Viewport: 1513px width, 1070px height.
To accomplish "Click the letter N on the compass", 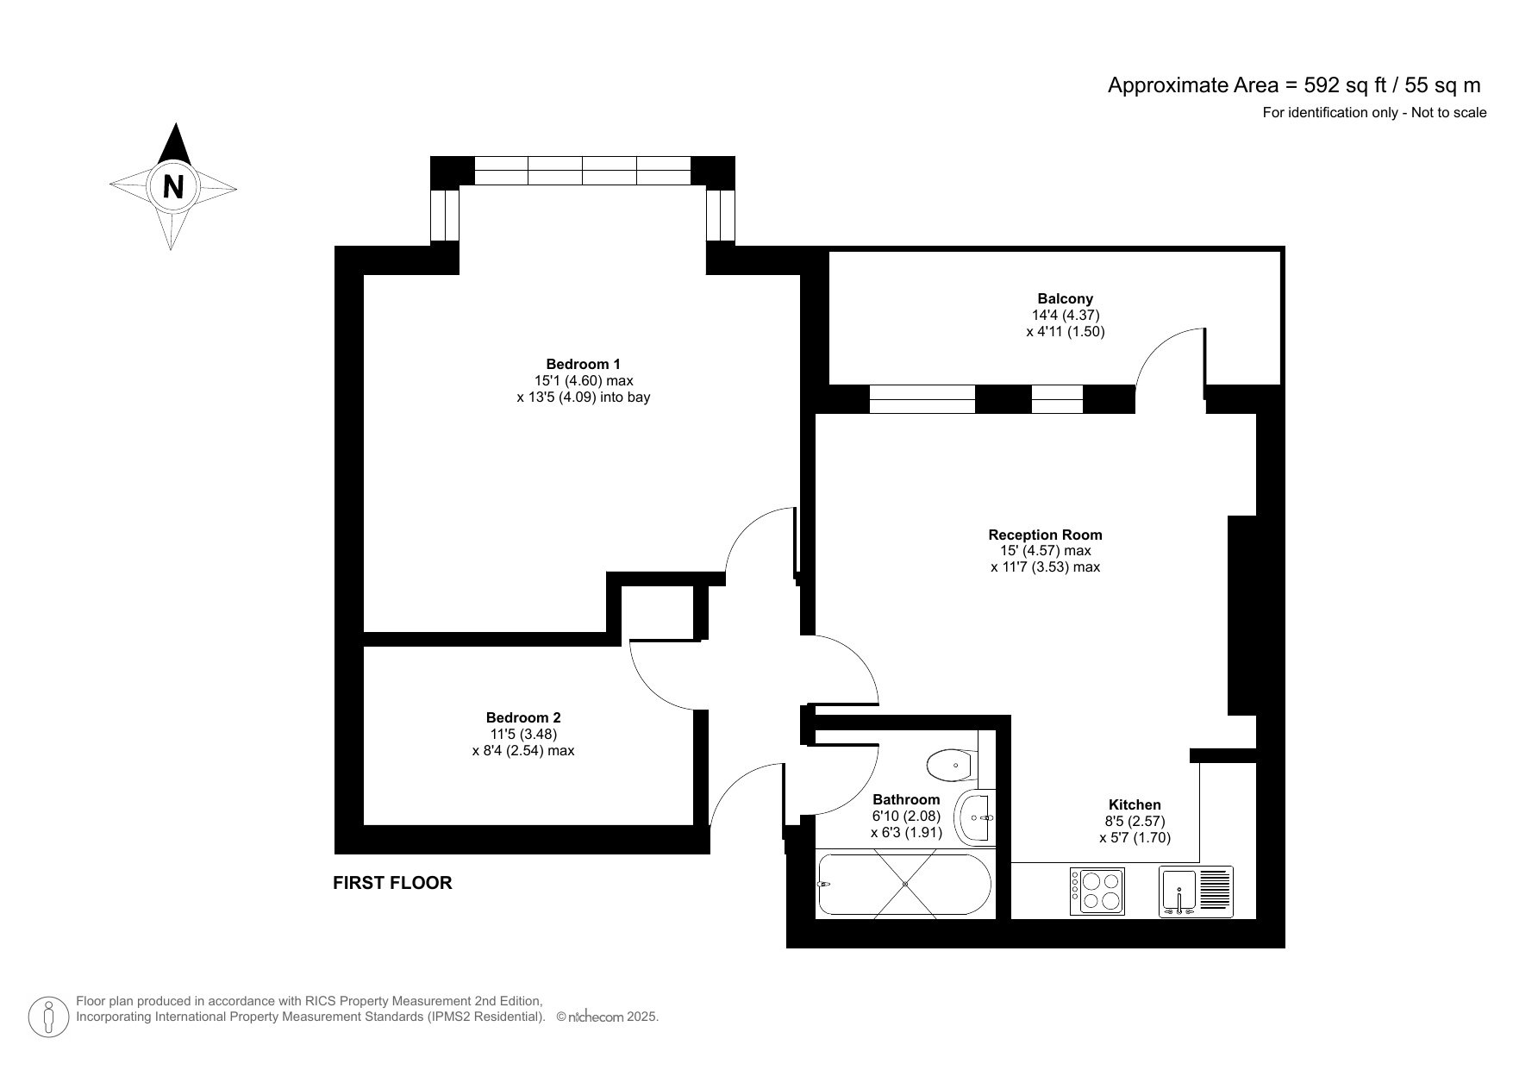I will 173,186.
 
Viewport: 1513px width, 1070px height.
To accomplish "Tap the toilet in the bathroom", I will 950,763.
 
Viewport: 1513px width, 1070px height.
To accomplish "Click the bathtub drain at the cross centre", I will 905,884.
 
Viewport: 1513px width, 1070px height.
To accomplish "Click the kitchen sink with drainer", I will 1196,891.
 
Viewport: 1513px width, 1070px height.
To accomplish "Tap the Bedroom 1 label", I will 583,364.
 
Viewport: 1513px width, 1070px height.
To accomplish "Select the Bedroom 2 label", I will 523,717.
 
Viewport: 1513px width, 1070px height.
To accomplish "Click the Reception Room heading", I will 1045,535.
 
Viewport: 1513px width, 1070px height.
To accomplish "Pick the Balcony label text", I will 1066,299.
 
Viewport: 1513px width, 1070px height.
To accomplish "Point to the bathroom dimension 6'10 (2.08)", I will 906,816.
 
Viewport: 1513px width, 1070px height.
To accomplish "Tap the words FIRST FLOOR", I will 392,883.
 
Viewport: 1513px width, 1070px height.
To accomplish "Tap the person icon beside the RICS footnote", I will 49,1017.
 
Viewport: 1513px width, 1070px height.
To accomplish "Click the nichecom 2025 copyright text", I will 609,1017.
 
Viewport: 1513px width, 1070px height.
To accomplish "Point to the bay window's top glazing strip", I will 583,170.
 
